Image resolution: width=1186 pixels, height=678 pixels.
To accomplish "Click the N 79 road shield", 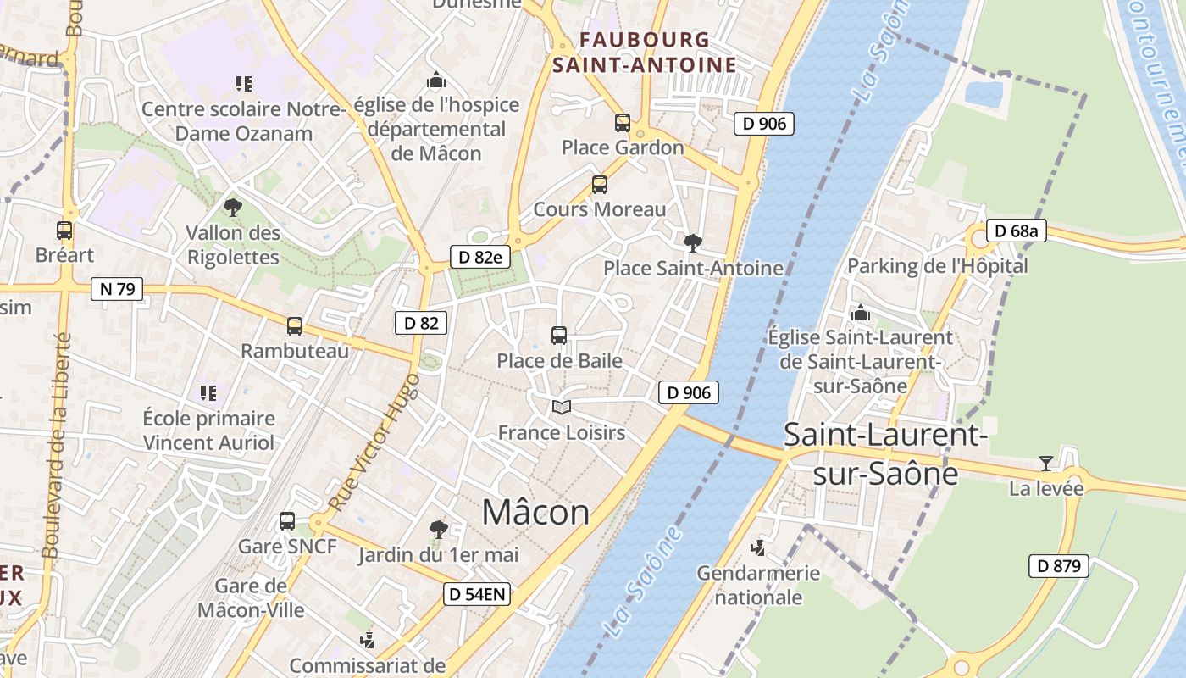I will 117,289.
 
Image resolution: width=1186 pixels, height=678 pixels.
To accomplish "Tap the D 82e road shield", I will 480,257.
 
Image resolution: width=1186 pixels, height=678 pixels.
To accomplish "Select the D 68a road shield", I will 1017,231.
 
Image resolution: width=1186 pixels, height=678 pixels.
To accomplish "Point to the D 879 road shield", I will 1058,566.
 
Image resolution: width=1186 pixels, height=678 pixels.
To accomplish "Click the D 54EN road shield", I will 477,594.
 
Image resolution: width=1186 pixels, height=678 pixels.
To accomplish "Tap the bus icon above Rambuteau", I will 295,325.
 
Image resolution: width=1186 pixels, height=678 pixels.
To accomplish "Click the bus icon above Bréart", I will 64,230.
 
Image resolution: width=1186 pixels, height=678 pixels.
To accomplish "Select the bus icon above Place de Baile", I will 559,335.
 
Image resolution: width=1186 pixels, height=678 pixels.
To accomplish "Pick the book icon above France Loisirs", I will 561,408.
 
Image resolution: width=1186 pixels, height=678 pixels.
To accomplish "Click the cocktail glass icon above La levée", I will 1046,464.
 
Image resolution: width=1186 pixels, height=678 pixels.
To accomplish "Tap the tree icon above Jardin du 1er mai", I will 438,530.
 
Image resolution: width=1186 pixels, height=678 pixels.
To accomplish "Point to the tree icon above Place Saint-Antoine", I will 692,243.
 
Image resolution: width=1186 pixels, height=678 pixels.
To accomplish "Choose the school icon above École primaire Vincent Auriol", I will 208,392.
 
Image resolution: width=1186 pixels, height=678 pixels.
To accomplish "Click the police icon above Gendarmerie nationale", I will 758,547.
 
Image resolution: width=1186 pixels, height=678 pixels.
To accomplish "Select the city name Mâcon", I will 535,512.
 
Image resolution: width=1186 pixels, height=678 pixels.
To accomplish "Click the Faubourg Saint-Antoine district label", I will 645,52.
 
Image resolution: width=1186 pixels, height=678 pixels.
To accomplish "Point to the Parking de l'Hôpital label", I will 937,266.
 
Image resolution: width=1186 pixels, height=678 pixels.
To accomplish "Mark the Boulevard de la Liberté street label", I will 56,445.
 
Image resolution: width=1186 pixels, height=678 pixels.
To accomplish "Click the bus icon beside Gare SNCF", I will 287,520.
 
